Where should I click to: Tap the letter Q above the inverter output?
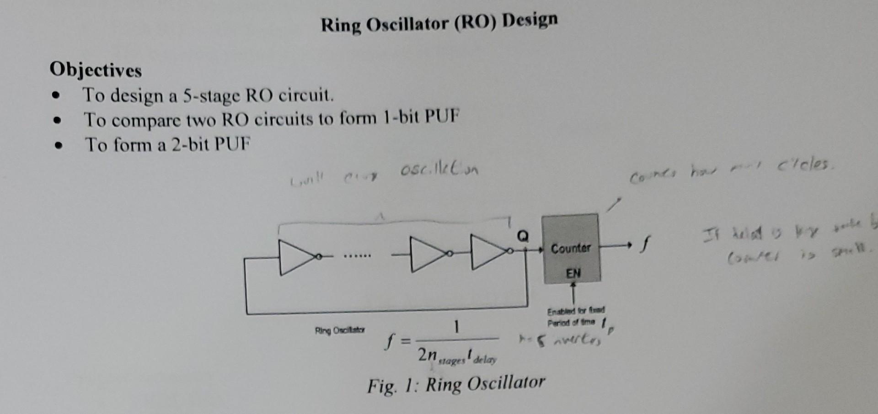coord(523,236)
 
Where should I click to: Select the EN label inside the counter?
coord(573,273)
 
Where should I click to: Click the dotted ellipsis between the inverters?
coord(358,256)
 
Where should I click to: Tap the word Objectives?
coord(96,70)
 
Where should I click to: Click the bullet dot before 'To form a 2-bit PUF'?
coord(57,147)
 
